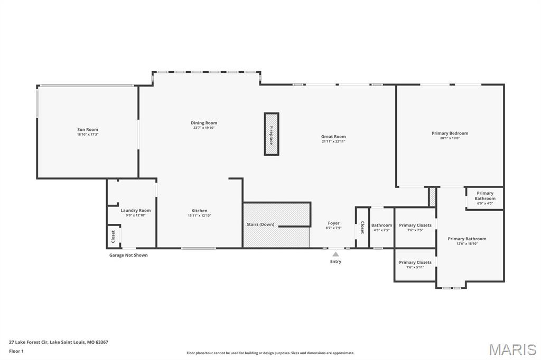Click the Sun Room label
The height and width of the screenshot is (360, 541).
[88, 129]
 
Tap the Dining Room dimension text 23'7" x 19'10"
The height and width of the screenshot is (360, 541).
[204, 128]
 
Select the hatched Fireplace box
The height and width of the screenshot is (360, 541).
[271, 134]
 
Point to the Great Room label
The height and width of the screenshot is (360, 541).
[333, 137]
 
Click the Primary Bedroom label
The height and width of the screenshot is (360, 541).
[450, 134]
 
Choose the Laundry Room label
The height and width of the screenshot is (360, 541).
[135, 211]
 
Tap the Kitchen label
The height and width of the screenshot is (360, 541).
[199, 211]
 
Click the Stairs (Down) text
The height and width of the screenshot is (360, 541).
[260, 224]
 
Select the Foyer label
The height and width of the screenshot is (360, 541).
[333, 223]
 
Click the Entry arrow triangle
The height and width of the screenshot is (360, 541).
[335, 254]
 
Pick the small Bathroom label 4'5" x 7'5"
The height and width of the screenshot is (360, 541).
[381, 225]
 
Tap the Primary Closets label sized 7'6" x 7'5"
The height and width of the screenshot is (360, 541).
[415, 225]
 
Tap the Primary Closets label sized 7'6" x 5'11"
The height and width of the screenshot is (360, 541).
[415, 262]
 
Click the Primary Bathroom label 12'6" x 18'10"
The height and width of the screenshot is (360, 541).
[467, 239]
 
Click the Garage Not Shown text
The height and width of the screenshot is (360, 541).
[128, 255]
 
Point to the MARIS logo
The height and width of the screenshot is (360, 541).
[512, 349]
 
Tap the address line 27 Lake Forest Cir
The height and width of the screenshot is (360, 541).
[59, 342]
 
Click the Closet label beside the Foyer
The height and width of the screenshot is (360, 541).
[362, 228]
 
